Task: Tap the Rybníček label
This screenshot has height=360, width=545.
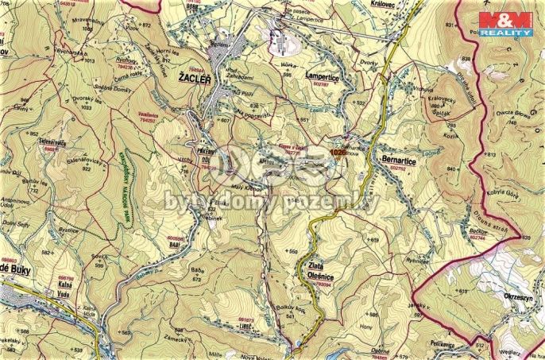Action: point(416,259)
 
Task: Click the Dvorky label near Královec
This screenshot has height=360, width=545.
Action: point(363,64)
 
